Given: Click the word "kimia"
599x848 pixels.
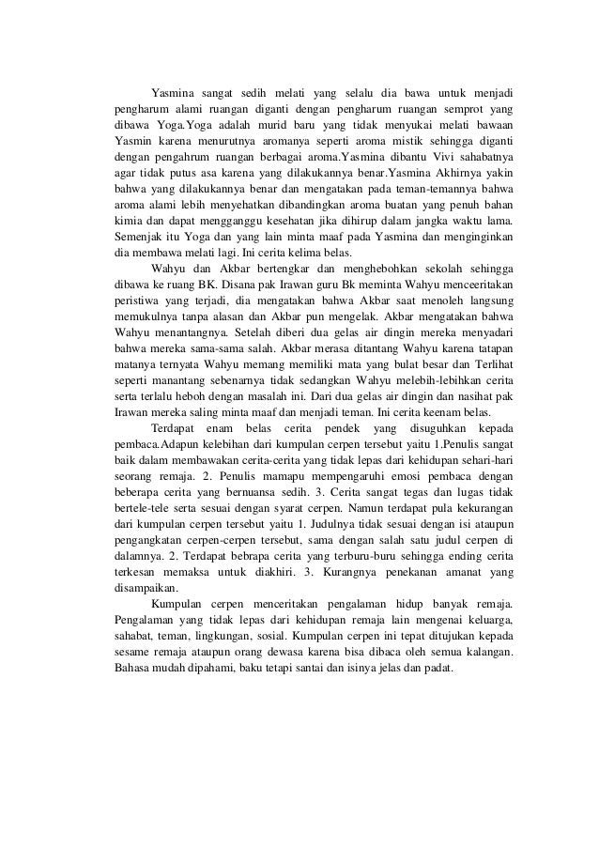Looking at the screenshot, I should tap(126, 218).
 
